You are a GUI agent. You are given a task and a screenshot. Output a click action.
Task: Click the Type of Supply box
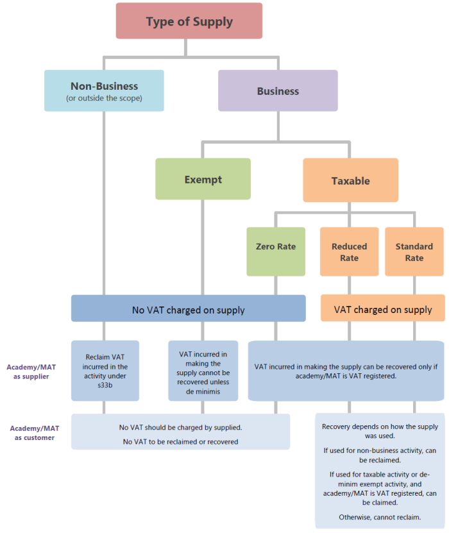pyautogui.click(x=189, y=21)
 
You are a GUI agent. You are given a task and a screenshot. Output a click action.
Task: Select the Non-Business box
pyautogui.click(x=104, y=90)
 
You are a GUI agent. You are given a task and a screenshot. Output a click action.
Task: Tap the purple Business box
pyautogui.click(x=278, y=91)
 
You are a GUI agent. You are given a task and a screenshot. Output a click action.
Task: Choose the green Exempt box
pyautogui.click(x=203, y=180)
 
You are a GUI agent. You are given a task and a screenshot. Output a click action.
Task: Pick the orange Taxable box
pyautogui.click(x=350, y=181)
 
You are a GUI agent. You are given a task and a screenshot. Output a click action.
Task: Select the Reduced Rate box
pyautogui.click(x=350, y=251)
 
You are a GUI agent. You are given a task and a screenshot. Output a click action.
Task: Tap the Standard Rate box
pyautogui.click(x=414, y=251)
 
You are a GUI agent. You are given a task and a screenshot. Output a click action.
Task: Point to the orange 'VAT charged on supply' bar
pyautogui.click(x=382, y=309)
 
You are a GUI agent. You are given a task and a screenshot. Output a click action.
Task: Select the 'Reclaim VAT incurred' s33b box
pyautogui.click(x=105, y=371)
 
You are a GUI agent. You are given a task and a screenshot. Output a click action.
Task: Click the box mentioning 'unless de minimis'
pyautogui.click(x=203, y=371)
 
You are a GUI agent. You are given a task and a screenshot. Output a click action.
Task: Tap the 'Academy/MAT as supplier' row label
pyautogui.click(x=31, y=371)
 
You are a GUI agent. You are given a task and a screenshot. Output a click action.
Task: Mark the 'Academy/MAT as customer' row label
pyautogui.click(x=31, y=432)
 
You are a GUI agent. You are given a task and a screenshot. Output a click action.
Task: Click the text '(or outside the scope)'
pyautogui.click(x=104, y=98)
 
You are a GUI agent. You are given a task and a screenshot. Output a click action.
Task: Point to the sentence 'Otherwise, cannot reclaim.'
pyautogui.click(x=380, y=516)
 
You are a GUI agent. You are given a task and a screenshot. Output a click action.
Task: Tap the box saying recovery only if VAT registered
pyautogui.click(x=346, y=371)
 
